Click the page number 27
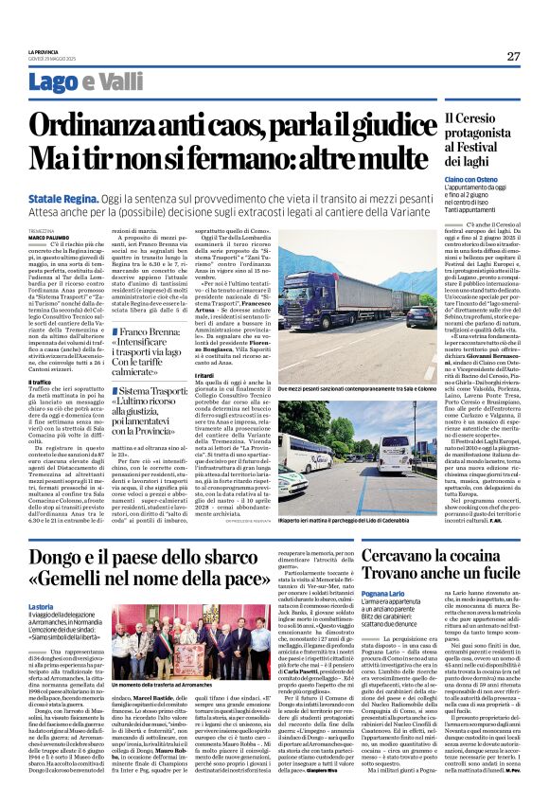point(513,56)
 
